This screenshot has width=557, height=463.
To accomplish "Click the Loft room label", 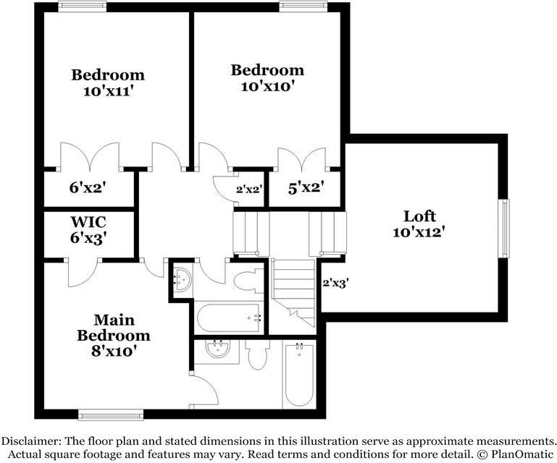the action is click(419, 216).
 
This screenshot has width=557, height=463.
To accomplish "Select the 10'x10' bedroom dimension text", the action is click(268, 86).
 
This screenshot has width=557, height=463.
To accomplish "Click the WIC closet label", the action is click(88, 222).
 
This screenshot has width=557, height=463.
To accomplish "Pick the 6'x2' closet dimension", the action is click(88, 187).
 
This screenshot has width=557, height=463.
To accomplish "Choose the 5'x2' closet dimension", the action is click(306, 187).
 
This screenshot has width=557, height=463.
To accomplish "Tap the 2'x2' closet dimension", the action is click(249, 190).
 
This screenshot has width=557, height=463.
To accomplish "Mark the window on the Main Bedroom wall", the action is click(111, 415).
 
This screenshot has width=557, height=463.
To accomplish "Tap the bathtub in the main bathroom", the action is click(299, 374).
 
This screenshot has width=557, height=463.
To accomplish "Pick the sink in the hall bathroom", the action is click(183, 279).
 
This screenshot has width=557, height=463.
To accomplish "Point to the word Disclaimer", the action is click(30, 441).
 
